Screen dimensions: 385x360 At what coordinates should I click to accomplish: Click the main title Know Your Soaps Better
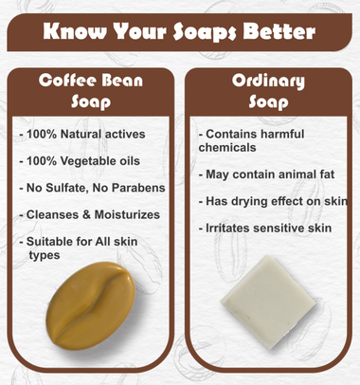(180, 32)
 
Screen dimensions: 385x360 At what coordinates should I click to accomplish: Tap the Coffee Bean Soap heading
(91, 90)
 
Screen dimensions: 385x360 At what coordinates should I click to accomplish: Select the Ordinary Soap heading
(268, 90)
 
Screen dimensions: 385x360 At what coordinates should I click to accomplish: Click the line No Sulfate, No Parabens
(93, 188)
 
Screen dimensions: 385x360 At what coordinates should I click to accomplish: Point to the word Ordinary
(268, 80)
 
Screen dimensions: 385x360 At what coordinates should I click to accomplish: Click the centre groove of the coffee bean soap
(95, 297)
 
